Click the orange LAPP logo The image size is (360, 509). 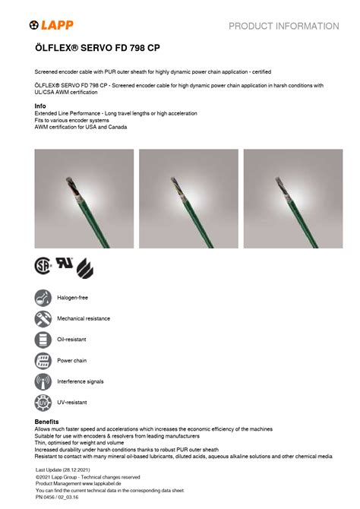[x=52, y=25]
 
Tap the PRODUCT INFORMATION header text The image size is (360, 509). [x=284, y=27]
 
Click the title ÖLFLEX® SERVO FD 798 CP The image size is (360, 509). [x=97, y=48]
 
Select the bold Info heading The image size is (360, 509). [x=40, y=106]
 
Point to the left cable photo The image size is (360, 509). [x=84, y=199]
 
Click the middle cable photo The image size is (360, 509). [x=188, y=199]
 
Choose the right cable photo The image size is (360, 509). [x=293, y=199]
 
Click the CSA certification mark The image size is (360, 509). [x=43, y=266]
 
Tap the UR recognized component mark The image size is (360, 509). [x=65, y=263]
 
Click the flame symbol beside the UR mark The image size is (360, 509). [x=85, y=268]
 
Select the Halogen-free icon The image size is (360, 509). [x=43, y=298]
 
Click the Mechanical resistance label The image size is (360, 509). [x=84, y=319]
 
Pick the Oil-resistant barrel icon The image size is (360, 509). [x=43, y=340]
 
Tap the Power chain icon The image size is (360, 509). [x=43, y=361]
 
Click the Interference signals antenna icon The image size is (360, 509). [x=43, y=381]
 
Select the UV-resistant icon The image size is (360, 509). [x=43, y=403]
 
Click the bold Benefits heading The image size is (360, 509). [x=47, y=422]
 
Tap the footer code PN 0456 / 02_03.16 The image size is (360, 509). [x=57, y=498]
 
